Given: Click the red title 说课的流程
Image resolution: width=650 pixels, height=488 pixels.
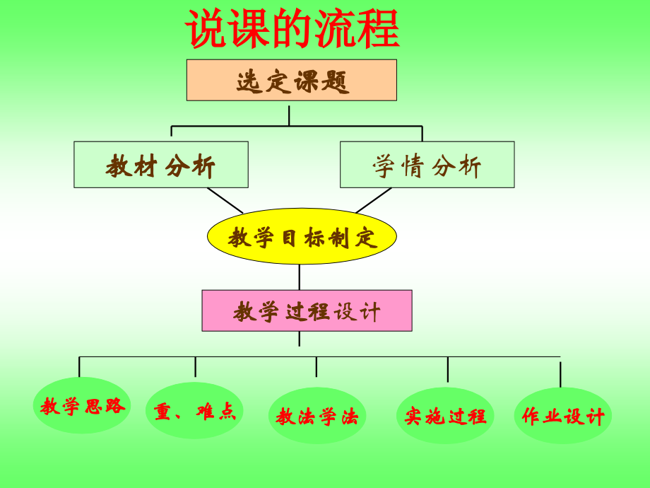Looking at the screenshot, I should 292,29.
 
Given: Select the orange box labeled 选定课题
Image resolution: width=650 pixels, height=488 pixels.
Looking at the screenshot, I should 291,80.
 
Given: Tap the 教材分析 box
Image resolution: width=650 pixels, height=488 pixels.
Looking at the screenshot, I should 160,165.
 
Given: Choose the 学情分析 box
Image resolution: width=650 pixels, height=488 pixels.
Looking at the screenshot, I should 427,165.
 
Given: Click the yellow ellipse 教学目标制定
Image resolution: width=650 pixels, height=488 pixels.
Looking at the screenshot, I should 302,236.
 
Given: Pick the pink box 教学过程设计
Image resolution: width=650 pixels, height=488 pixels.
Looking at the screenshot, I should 307,310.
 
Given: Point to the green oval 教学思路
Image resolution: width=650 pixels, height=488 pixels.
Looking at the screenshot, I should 82,405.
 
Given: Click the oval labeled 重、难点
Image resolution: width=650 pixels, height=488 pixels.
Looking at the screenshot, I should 194,411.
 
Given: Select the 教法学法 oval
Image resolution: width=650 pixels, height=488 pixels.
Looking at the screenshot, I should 317,416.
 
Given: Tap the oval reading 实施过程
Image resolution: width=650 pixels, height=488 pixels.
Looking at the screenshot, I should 445,415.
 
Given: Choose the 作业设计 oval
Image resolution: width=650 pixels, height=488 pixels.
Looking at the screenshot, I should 563,416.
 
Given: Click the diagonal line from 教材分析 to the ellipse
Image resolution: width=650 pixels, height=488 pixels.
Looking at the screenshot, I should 225,200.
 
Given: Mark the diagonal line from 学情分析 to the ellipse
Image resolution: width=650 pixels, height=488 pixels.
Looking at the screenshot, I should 374,200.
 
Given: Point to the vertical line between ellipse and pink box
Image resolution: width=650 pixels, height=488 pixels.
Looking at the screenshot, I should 300,277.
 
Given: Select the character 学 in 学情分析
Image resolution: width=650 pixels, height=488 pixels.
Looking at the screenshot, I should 384,166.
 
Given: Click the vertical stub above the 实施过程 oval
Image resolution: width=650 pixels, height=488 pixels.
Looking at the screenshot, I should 447,369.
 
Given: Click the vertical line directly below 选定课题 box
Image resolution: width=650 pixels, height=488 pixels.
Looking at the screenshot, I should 289,115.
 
